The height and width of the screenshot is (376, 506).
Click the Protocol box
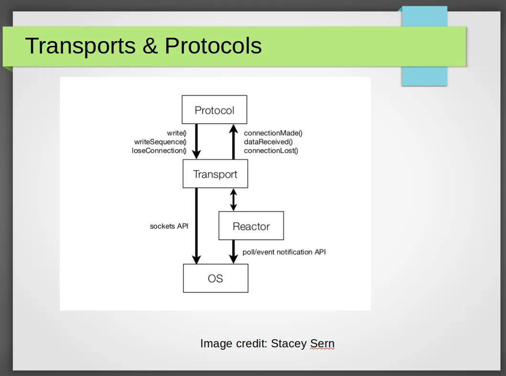click(x=214, y=109)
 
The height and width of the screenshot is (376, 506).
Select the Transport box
click(x=215, y=173)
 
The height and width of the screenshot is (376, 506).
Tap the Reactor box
click(x=251, y=226)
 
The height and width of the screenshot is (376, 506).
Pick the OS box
click(x=215, y=278)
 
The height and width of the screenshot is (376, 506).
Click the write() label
click(x=176, y=133)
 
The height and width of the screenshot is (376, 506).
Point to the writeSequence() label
click(x=161, y=142)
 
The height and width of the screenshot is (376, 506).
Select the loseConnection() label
click(x=159, y=150)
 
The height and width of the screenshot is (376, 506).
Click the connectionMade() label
click(x=273, y=133)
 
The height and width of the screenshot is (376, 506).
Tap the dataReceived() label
click(x=268, y=142)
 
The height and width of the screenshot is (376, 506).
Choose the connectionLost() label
click(x=271, y=150)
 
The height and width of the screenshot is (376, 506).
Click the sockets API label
click(x=169, y=226)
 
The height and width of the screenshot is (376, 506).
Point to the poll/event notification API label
click(x=284, y=252)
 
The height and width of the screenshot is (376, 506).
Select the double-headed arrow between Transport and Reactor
click(x=233, y=200)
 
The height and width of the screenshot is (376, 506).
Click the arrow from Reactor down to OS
click(x=233, y=252)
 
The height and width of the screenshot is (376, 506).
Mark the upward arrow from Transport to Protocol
click(x=233, y=142)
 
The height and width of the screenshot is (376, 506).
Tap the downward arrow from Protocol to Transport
click(x=196, y=141)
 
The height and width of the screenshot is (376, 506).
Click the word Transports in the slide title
click(x=80, y=45)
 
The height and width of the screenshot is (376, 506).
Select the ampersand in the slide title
click(x=150, y=45)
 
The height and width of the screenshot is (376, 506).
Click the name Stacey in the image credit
click(x=289, y=344)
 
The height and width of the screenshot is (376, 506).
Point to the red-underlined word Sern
click(x=322, y=344)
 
